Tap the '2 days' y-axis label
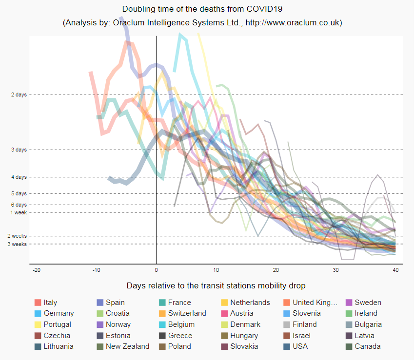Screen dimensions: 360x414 point(19,95)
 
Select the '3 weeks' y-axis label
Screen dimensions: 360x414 point(18,244)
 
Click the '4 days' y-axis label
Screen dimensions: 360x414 point(19,177)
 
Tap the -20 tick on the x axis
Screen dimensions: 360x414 point(36,269)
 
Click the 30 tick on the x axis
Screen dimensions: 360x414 point(335,269)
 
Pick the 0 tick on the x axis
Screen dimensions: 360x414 point(156,269)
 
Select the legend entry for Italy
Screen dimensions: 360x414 point(50,303)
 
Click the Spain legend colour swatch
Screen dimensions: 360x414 point(100,303)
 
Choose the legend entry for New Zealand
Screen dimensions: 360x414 point(127,346)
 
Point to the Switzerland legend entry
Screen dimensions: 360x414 point(187,313)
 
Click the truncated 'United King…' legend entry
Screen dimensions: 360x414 point(315,303)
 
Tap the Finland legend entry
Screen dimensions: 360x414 point(305,324)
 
